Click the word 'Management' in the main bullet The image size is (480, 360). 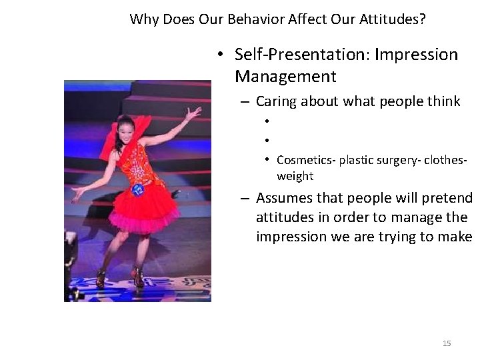click(285, 77)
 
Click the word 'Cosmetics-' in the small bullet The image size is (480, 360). click(306, 160)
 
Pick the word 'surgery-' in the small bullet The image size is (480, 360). click(405, 160)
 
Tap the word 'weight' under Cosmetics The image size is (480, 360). click(295, 176)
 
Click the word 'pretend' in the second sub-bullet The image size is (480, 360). click(449, 198)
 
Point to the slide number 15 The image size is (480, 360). click(447, 343)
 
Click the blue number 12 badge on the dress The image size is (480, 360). click(138, 189)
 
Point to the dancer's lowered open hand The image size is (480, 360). click(79, 193)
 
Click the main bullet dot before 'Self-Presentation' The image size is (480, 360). click(220, 55)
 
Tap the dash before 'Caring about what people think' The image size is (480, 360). click(245, 102)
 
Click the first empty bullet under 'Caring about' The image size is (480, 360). click(265, 121)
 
